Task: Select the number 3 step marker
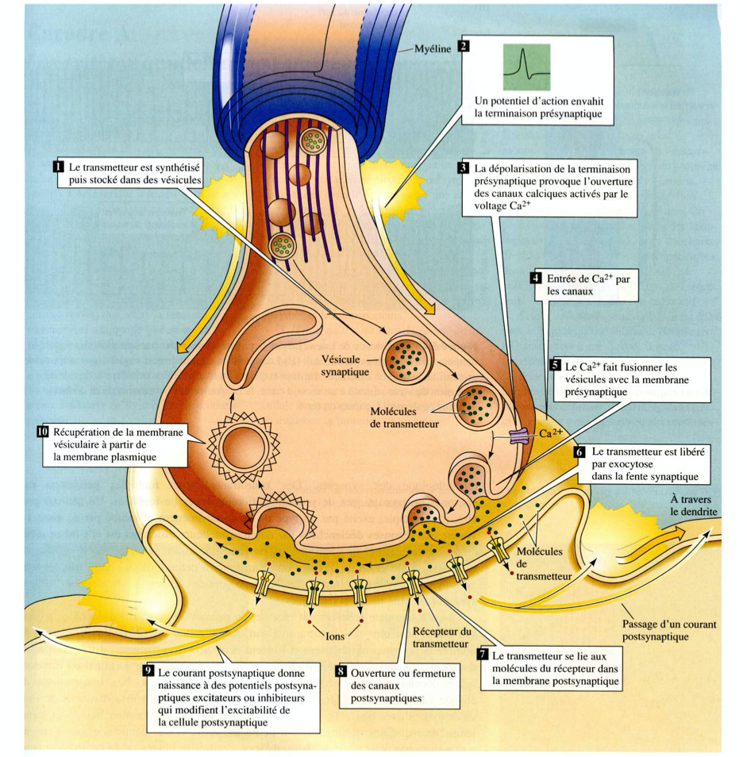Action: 463,168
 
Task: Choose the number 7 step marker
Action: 482,655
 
